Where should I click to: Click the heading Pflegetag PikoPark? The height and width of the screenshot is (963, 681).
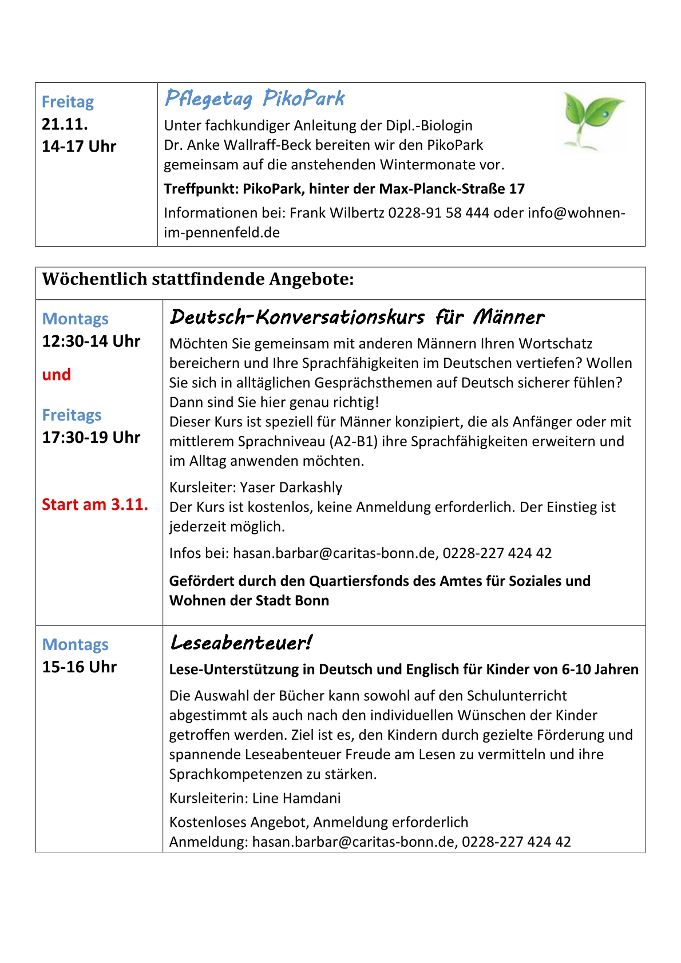click(255, 99)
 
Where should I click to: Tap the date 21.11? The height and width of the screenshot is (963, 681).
click(65, 124)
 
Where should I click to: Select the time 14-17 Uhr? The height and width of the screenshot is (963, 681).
click(79, 146)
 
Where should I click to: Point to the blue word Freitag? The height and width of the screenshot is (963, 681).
click(68, 102)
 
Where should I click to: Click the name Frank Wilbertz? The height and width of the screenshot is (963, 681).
click(337, 213)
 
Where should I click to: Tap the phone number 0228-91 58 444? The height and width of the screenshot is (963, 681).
click(438, 213)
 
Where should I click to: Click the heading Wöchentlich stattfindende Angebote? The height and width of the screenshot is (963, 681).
click(198, 279)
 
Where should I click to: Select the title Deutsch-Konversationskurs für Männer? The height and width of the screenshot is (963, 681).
click(357, 317)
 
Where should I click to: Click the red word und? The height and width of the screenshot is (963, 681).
click(57, 375)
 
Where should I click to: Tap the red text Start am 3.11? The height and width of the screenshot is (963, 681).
click(95, 505)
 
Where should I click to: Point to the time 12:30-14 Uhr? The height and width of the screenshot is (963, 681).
click(91, 341)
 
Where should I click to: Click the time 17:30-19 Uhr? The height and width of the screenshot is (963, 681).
click(91, 437)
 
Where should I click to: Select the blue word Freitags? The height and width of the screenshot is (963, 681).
click(72, 415)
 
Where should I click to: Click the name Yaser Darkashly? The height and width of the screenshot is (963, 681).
click(291, 488)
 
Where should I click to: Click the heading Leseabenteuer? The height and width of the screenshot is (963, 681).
click(241, 643)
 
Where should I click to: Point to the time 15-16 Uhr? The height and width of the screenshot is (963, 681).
click(79, 667)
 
